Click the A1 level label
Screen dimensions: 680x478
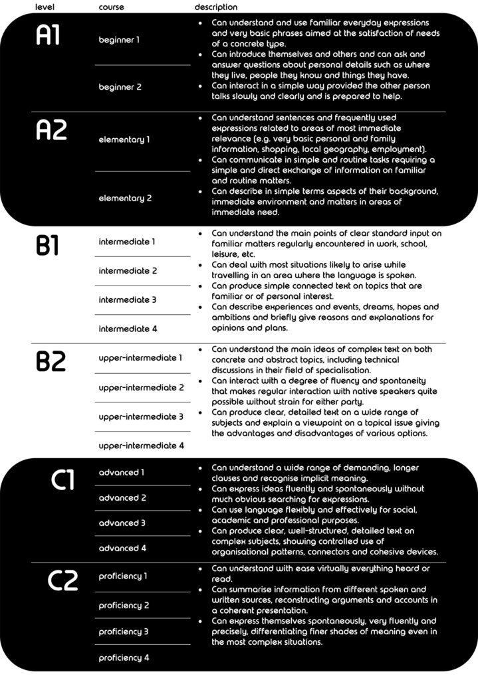click(49, 37)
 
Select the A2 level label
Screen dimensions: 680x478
click(51, 130)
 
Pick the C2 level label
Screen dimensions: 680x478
click(64, 580)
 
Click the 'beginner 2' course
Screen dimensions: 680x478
click(120, 87)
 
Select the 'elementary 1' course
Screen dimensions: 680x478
click(124, 139)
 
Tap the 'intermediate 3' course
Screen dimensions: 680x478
click(128, 299)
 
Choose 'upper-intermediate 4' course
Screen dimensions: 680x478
click(142, 446)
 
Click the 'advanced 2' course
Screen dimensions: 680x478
click(122, 497)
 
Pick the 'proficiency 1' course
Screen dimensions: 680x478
click(124, 576)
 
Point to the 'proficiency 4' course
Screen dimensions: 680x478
click(124, 657)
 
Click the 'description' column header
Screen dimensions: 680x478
click(215, 7)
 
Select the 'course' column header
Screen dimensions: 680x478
click(111, 7)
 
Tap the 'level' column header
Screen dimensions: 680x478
click(45, 7)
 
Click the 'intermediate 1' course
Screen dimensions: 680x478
click(128, 242)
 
